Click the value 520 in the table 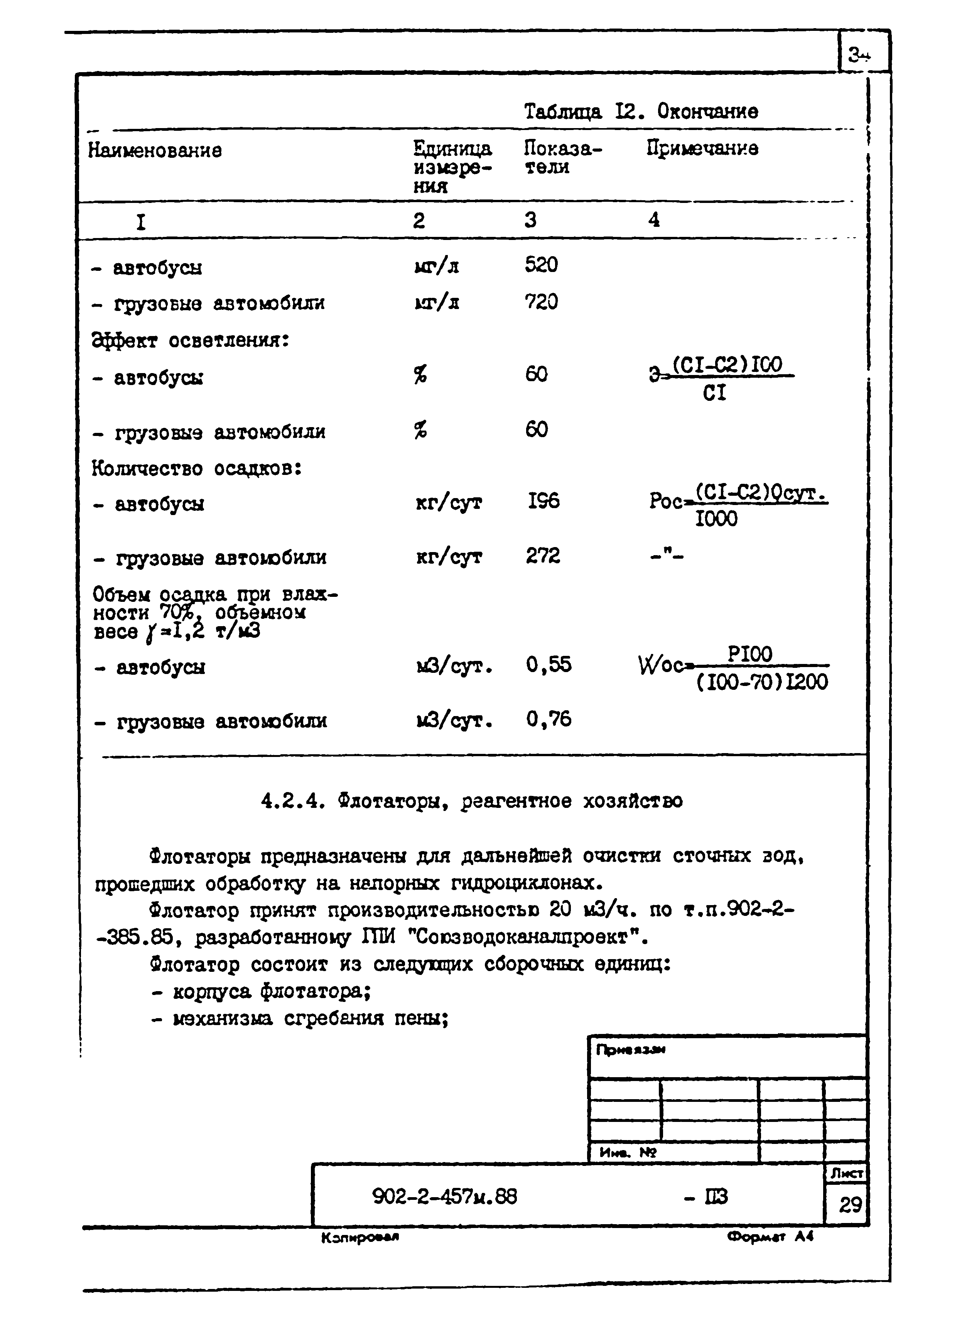pyautogui.click(x=541, y=265)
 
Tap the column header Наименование pyautogui.click(x=155, y=150)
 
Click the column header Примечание pyautogui.click(x=702, y=149)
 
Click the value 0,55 pyautogui.click(x=549, y=665)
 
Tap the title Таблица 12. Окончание pyautogui.click(x=641, y=111)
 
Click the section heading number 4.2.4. pyautogui.click(x=291, y=801)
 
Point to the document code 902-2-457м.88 pyautogui.click(x=444, y=1196)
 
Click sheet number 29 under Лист pyautogui.click(x=850, y=1204)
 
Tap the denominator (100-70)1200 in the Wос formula pyautogui.click(x=762, y=681)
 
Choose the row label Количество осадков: pyautogui.click(x=196, y=468)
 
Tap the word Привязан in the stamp pyautogui.click(x=630, y=1049)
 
